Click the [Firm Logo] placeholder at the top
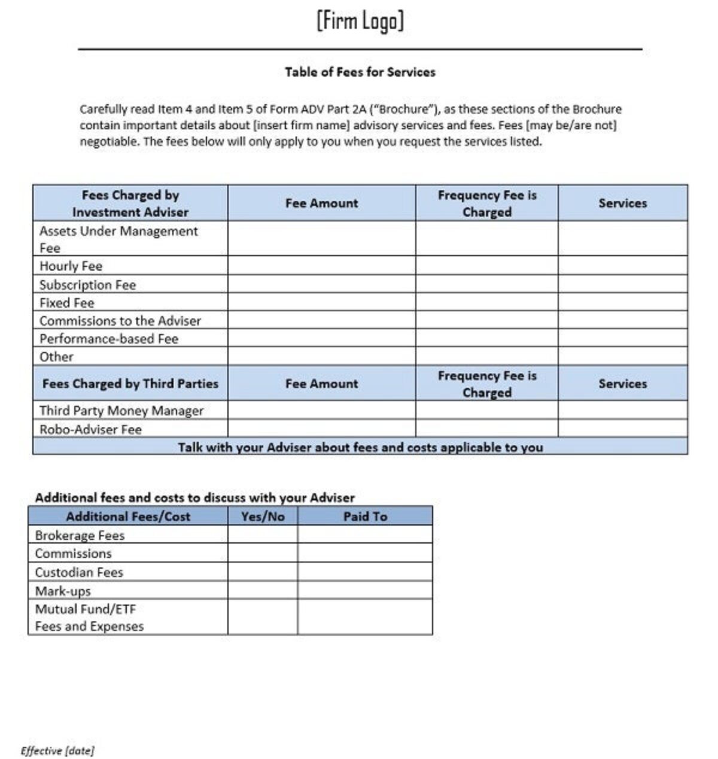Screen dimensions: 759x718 [360, 21]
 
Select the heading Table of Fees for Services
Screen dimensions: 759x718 [360, 72]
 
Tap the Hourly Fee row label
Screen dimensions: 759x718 [71, 266]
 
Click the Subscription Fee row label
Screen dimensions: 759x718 [87, 284]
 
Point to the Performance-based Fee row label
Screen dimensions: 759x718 [109, 338]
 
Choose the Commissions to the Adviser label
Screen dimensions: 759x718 [120, 320]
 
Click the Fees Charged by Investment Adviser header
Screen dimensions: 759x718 [130, 203]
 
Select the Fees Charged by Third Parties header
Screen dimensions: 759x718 [130, 384]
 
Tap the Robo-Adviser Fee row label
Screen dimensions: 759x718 [90, 429]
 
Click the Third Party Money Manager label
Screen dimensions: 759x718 [121, 411]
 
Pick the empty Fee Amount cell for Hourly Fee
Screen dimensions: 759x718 [321, 266]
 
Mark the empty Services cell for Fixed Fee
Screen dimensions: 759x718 [622, 302]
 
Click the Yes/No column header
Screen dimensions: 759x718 [263, 516]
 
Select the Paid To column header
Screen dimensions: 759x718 [365, 516]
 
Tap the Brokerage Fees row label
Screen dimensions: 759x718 [80, 535]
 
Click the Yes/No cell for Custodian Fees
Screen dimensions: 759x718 [263, 572]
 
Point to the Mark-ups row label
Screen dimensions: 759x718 [63, 591]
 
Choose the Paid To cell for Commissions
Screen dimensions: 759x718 [365, 552]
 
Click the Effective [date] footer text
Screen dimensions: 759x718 [57, 751]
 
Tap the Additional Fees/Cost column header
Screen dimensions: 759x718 [128, 516]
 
